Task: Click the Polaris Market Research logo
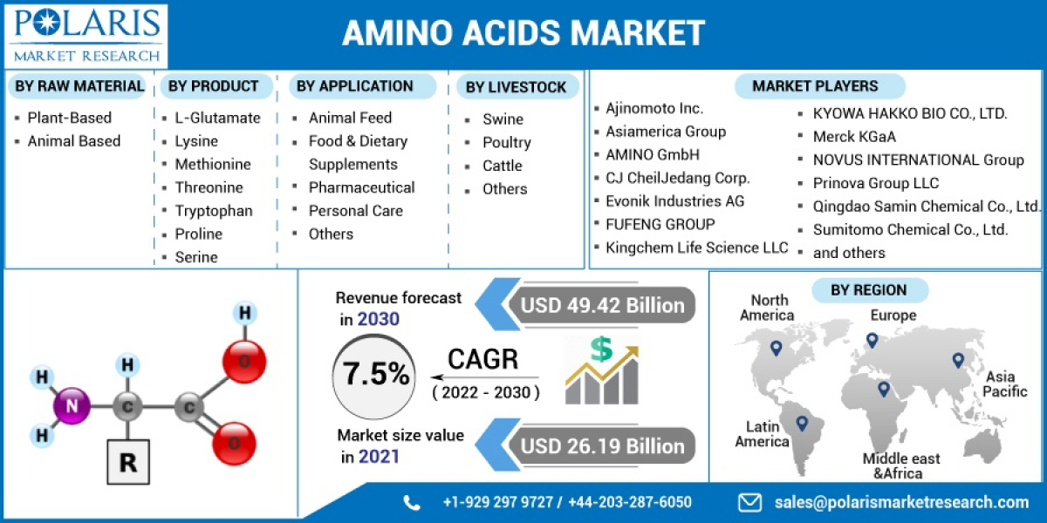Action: point(85,35)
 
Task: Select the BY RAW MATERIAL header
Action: point(79,85)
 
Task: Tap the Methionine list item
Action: point(212,164)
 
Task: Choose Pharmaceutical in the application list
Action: point(361,187)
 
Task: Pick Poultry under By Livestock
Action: point(506,142)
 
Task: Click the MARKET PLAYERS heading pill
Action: point(815,86)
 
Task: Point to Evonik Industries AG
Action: point(675,201)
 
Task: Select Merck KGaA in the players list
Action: point(854,137)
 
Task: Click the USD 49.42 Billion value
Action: point(603,305)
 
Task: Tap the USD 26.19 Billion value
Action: point(603,446)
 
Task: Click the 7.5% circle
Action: point(376,375)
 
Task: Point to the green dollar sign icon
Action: point(601,349)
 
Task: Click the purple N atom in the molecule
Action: point(73,405)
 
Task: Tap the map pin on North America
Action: point(776,349)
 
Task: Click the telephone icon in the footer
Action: point(412,502)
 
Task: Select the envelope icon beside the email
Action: point(749,502)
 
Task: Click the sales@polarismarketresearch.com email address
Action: point(901,502)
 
